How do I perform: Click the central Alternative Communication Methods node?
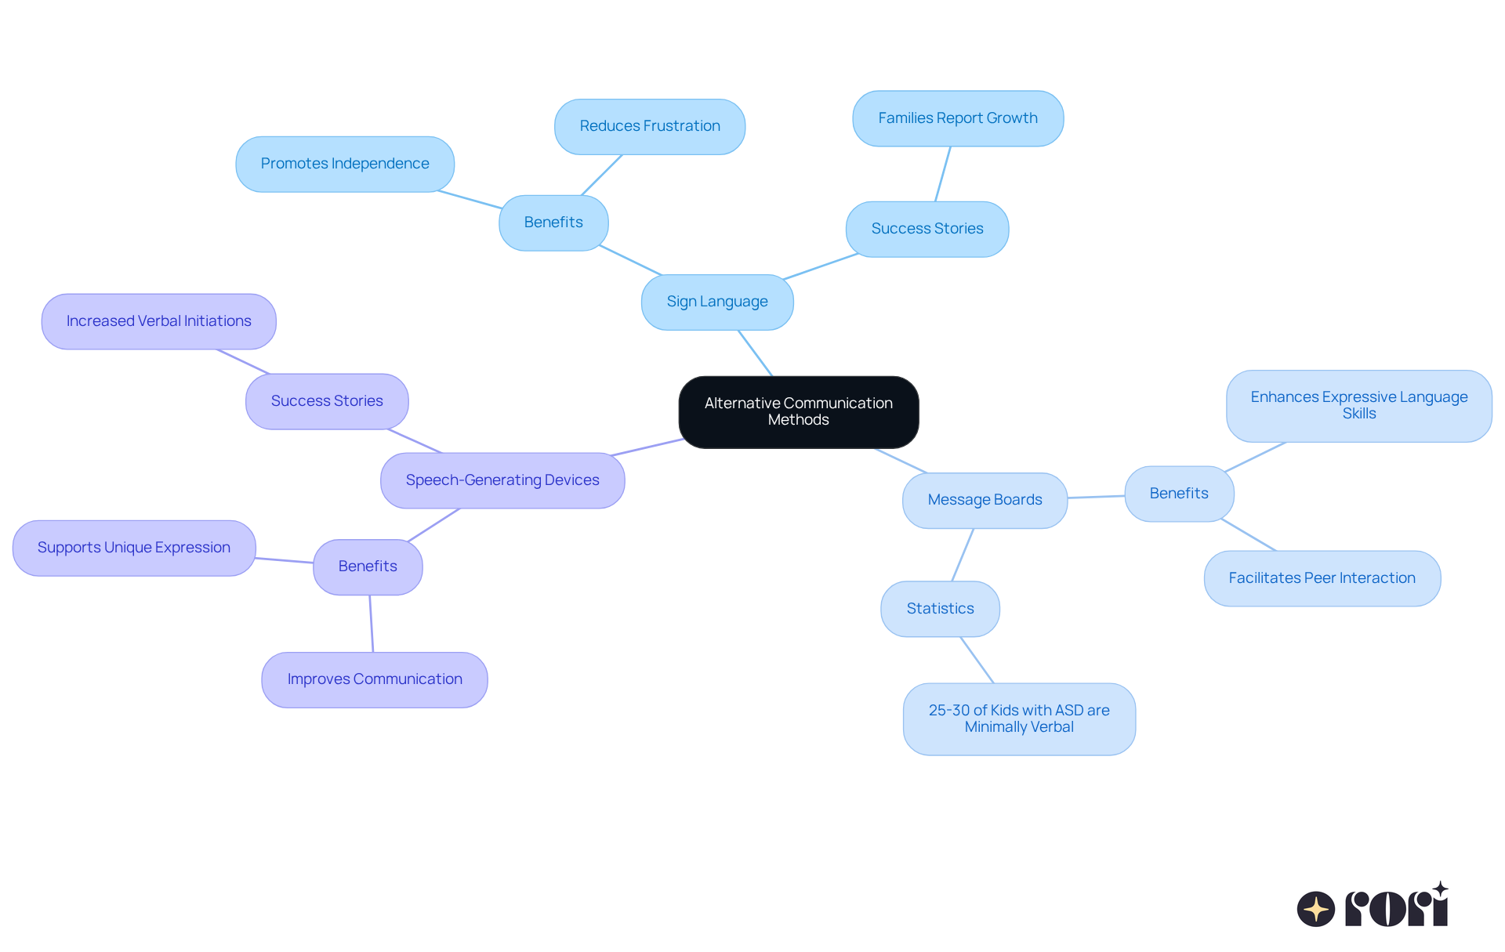pos(798,411)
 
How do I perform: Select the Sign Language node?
pos(716,302)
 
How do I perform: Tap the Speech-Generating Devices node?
pos(502,480)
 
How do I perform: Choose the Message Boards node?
pos(985,500)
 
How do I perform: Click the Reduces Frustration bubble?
pos(649,126)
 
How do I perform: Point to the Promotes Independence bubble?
pos(344,164)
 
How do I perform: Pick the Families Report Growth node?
pos(957,118)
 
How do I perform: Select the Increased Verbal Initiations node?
pos(158,321)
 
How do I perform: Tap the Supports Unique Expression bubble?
pos(133,548)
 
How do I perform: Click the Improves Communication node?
pos(374,679)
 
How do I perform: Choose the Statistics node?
pos(940,609)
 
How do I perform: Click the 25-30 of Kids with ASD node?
pos(1018,719)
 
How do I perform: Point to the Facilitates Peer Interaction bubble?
pos(1322,578)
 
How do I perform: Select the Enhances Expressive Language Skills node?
pos(1358,405)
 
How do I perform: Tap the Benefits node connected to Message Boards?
pos(1178,494)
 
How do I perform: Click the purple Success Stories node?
pos(326,401)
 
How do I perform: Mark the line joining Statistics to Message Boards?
pos(963,555)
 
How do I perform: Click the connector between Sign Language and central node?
pos(756,353)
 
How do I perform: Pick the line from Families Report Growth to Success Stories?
pos(943,174)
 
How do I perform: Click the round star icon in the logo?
pos(1315,909)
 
